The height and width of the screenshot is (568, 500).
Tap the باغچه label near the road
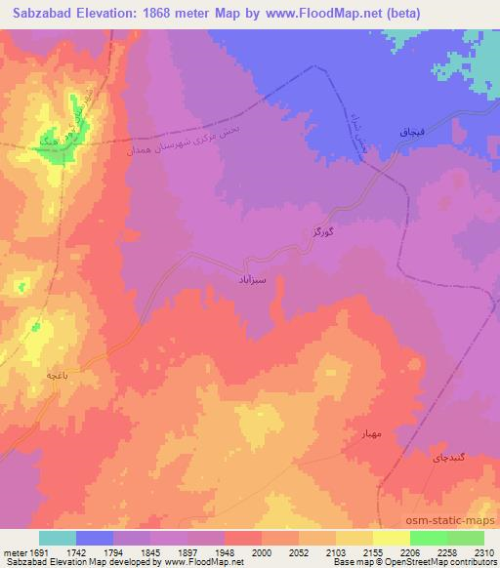point(54,375)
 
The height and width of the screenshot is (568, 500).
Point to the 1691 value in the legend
point(38,551)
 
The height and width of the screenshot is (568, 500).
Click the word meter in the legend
point(15,551)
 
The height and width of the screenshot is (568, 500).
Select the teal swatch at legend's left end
point(58,538)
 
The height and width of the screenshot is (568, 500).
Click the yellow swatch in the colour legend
point(392,538)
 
